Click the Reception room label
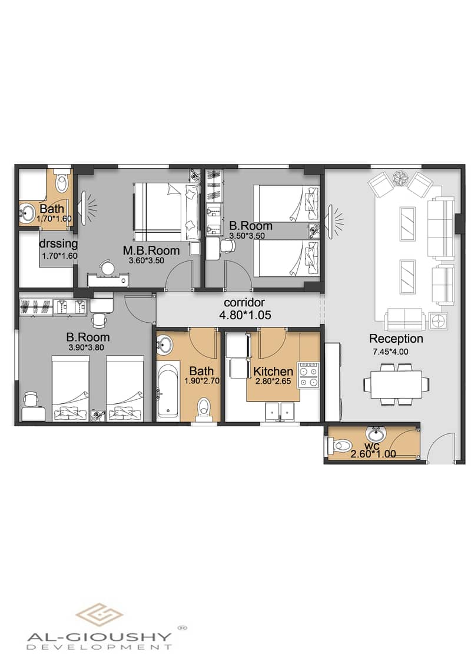click(x=396, y=339)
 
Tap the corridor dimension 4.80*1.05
click(x=245, y=315)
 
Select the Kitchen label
click(x=273, y=372)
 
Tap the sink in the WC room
click(x=374, y=436)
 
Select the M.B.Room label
click(x=151, y=250)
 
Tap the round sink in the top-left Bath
click(x=27, y=211)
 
